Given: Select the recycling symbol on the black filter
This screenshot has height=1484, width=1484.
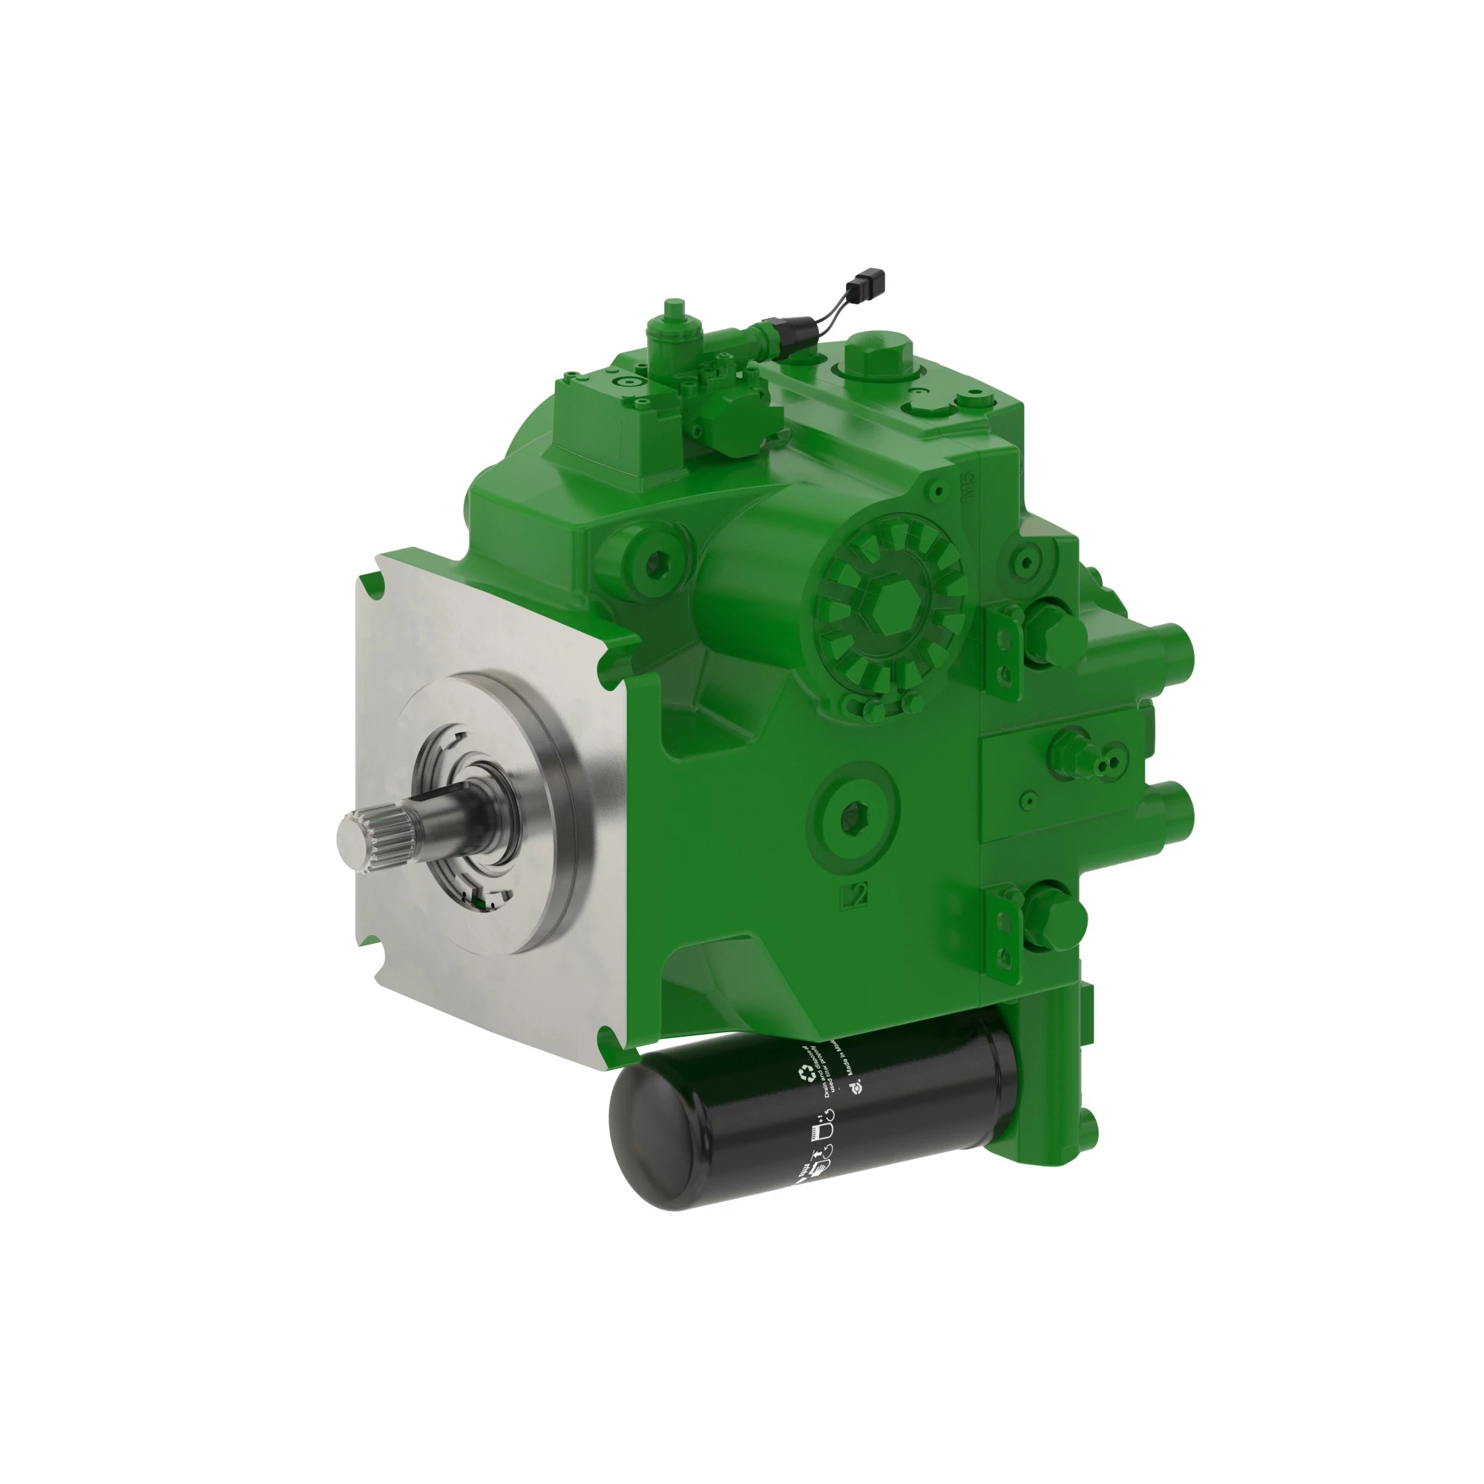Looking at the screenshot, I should (807, 1073).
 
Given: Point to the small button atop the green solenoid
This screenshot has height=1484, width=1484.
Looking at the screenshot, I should (674, 305).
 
